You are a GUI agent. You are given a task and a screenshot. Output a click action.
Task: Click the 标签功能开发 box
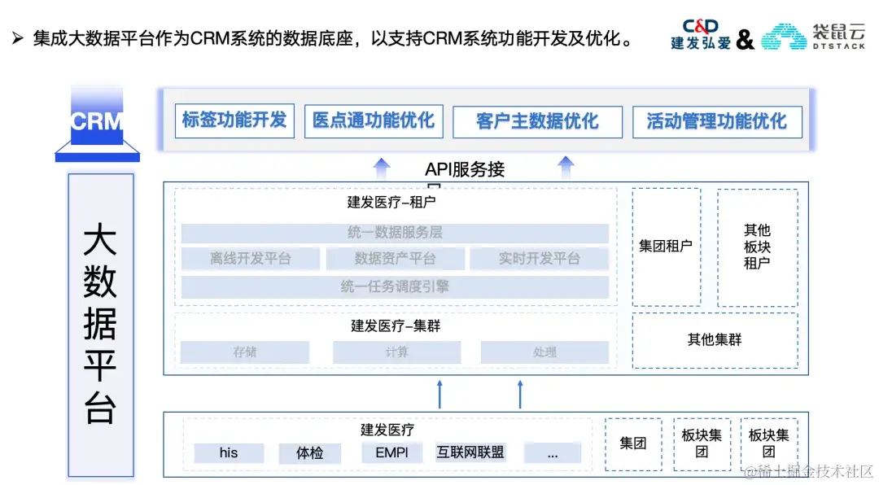point(234,120)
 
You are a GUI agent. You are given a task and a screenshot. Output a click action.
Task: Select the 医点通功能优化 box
point(374,121)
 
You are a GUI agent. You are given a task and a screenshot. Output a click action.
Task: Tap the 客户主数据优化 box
point(537,122)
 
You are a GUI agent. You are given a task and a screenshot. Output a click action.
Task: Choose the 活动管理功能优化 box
point(717,122)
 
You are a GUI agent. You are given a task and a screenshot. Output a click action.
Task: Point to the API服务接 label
point(465,169)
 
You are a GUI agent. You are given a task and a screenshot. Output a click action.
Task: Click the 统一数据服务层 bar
point(395,233)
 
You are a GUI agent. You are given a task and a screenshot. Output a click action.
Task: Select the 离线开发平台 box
point(251,259)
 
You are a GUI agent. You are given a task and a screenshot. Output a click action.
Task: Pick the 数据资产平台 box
point(395,259)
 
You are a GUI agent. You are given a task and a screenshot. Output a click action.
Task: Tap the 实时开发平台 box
point(539,259)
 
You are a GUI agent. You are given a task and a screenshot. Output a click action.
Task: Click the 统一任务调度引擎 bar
point(395,286)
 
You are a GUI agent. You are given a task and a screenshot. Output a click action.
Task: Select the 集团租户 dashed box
point(666,247)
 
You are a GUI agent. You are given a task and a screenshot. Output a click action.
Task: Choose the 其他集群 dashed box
point(715,339)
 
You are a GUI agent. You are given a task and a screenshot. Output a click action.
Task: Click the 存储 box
point(245,352)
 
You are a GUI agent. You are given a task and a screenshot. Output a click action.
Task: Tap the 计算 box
point(396,352)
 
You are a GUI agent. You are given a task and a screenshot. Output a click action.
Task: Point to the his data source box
point(229,452)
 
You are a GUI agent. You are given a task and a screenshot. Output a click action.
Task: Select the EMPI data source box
point(392,452)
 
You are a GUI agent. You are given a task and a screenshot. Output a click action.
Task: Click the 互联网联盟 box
point(470,452)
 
